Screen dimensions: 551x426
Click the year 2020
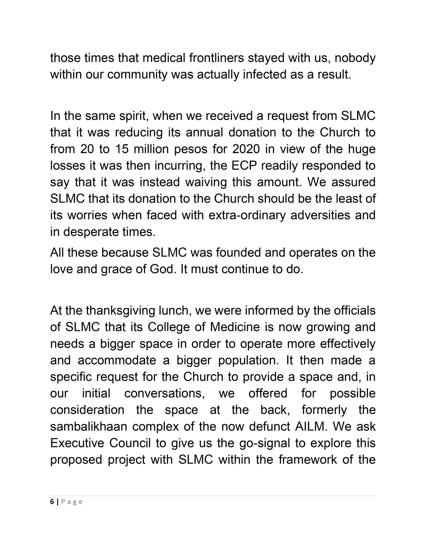(x=246, y=149)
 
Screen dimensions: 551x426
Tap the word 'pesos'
(x=191, y=149)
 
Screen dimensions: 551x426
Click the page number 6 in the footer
(x=52, y=502)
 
